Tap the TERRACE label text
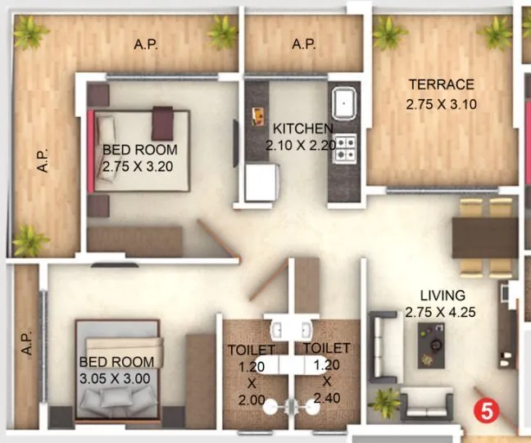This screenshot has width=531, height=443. tap(441, 84)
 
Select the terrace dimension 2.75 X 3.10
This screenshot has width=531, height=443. tap(441, 104)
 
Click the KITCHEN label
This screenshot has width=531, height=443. tap(302, 129)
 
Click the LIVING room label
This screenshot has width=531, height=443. tap(442, 295)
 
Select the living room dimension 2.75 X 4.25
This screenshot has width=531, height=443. tap(441, 311)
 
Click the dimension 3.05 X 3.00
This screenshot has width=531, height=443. tap(115, 378)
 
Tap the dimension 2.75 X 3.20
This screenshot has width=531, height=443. tap(139, 165)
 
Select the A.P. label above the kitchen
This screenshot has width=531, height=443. tap(304, 45)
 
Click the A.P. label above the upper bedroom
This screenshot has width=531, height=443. tap(147, 45)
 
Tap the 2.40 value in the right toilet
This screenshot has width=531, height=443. tap(326, 400)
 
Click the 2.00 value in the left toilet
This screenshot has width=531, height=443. tap(246, 400)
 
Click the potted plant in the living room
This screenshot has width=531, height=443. tap(384, 400)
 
